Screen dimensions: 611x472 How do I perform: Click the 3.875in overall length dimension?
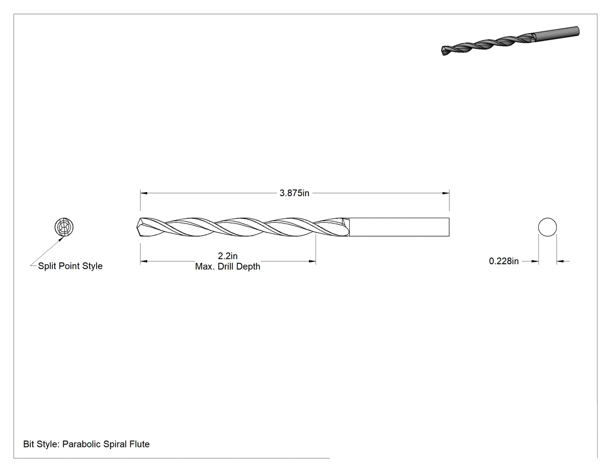coord(294,193)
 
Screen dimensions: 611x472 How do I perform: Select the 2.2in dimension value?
coord(228,256)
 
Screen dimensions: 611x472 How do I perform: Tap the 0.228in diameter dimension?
coord(504,261)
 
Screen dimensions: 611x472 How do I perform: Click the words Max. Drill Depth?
coord(228,267)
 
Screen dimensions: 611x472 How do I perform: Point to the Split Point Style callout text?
coord(70,266)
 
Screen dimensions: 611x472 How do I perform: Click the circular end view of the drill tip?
coord(64,227)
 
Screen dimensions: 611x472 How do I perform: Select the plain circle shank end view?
coord(548,227)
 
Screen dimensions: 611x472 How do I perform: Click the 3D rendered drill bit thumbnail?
coord(510,41)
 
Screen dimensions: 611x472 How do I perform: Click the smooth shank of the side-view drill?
coord(399,227)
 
